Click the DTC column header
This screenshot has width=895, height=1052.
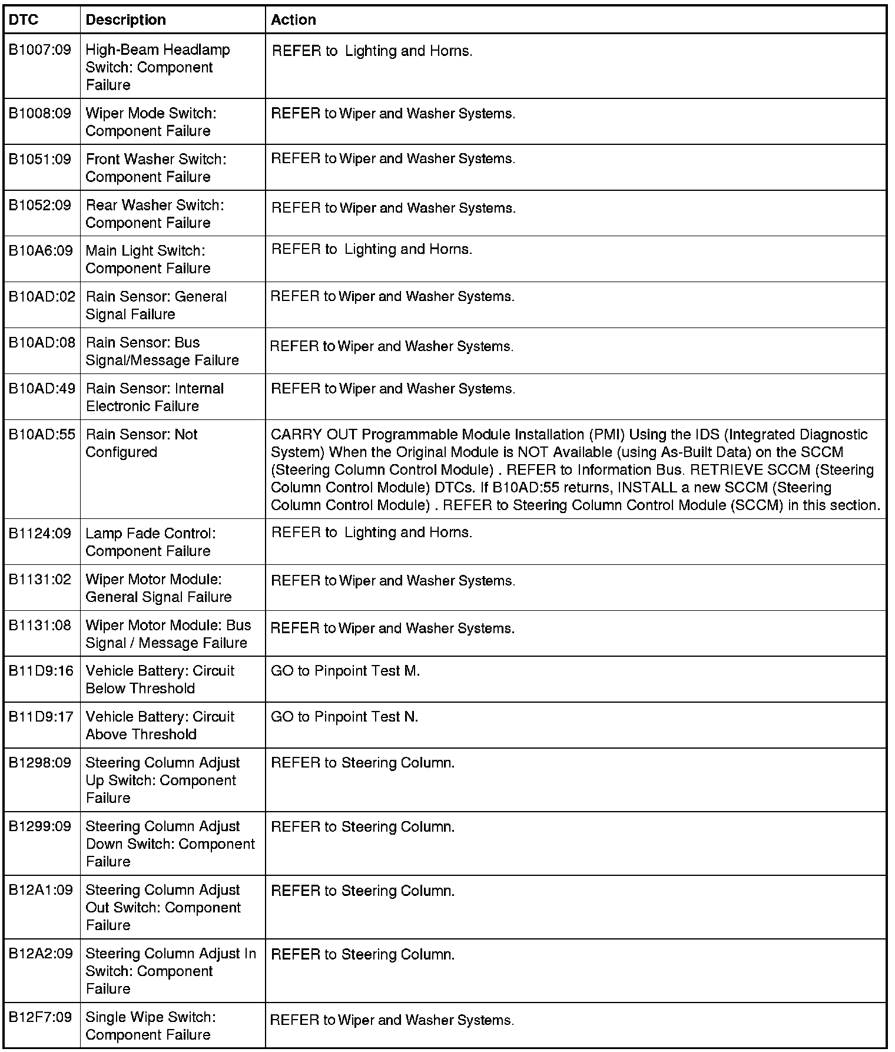coord(24,20)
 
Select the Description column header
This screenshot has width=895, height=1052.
coord(125,20)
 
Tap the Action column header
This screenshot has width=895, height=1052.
coord(293,20)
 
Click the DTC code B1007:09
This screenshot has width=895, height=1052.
coord(39,50)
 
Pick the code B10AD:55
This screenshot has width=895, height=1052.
coord(42,435)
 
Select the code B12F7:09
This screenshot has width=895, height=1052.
coord(40,1017)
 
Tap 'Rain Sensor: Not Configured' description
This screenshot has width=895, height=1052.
coord(141,443)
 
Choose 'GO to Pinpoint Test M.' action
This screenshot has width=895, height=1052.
coord(345,671)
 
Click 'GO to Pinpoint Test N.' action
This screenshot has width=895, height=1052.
coord(344,717)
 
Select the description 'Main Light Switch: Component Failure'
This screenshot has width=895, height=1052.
coord(148,259)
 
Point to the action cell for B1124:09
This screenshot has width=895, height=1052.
coord(372,532)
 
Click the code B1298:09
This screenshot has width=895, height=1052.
coord(39,763)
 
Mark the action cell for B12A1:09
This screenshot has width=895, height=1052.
coord(363,891)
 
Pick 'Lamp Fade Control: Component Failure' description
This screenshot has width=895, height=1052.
coord(150,542)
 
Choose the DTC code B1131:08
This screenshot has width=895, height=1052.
coord(40,625)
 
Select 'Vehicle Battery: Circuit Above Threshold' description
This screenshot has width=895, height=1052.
coord(160,725)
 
